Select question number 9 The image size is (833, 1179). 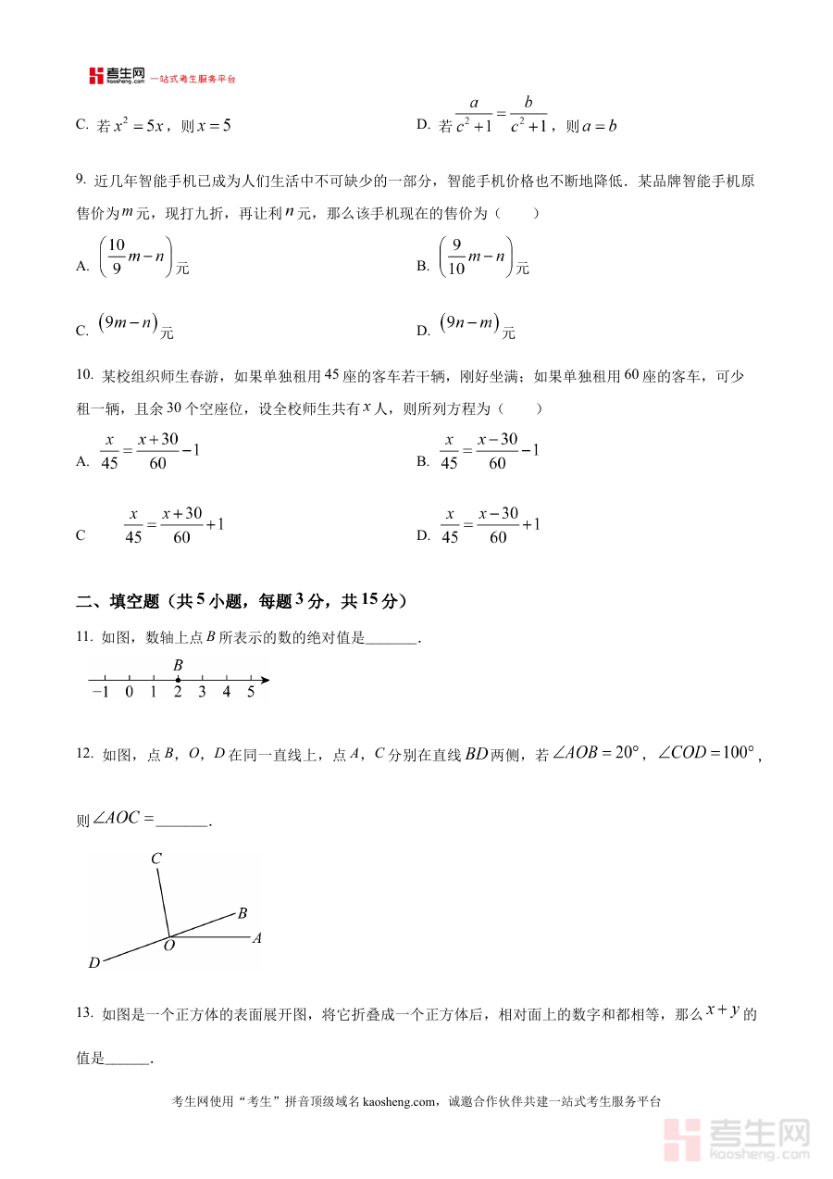(81, 180)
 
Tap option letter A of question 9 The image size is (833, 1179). (82, 267)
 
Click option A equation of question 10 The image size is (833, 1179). (150, 451)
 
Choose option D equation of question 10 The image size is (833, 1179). (490, 525)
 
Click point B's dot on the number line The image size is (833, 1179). (178, 681)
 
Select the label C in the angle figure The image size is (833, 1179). (156, 859)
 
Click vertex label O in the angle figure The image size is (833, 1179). (169, 946)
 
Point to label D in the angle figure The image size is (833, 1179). (94, 963)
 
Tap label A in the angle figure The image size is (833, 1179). (257, 938)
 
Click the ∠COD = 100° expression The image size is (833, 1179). (706, 754)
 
